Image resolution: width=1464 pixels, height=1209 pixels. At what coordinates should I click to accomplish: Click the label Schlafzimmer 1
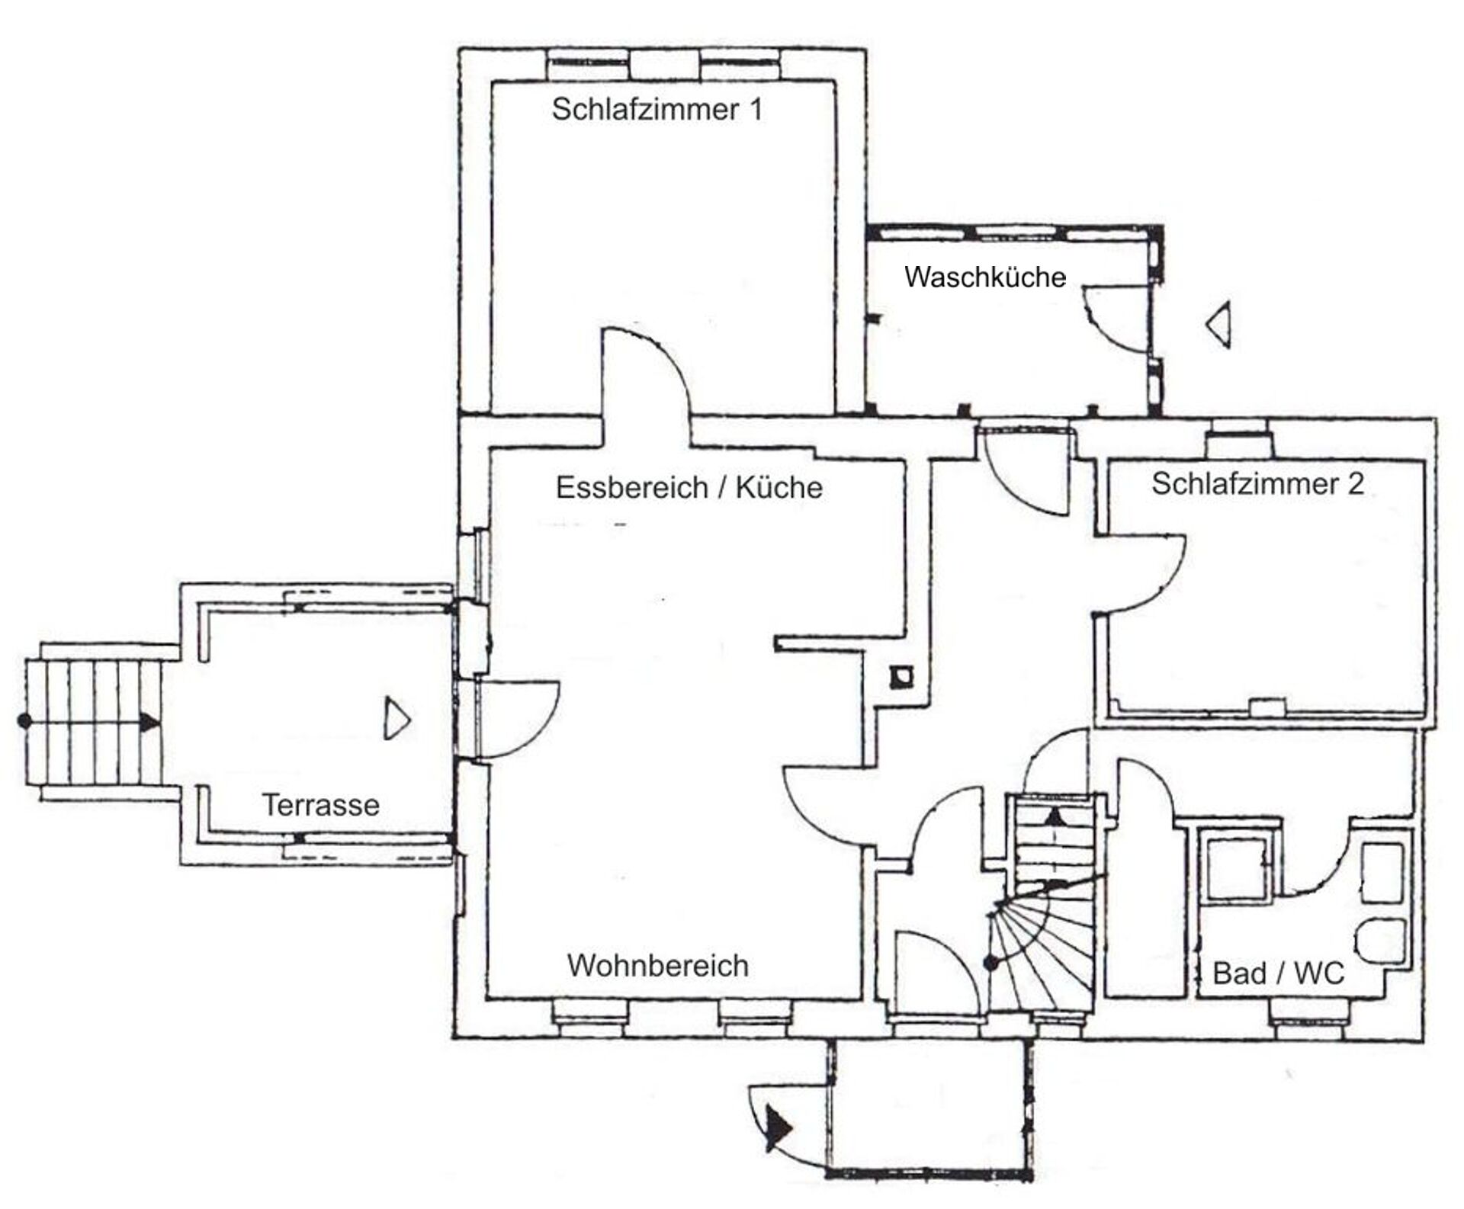click(657, 110)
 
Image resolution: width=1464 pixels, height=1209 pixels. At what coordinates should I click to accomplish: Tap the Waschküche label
click(984, 277)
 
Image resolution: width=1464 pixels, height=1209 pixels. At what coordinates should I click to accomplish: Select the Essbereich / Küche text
click(689, 488)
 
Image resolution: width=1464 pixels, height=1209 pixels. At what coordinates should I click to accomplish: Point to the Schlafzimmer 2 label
click(1257, 484)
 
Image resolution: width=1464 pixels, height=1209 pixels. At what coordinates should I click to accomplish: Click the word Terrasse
click(321, 805)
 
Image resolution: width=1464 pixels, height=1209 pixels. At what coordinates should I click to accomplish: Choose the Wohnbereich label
click(657, 966)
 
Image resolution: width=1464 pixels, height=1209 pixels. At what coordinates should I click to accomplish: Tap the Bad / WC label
click(1279, 973)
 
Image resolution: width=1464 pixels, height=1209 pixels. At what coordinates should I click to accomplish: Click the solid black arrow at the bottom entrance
click(779, 1127)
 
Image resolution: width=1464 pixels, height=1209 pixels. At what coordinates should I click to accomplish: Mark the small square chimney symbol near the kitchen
click(903, 677)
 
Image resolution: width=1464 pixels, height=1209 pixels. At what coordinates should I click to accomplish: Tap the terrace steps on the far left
click(95, 721)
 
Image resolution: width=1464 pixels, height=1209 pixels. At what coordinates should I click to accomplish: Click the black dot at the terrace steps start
click(24, 720)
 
